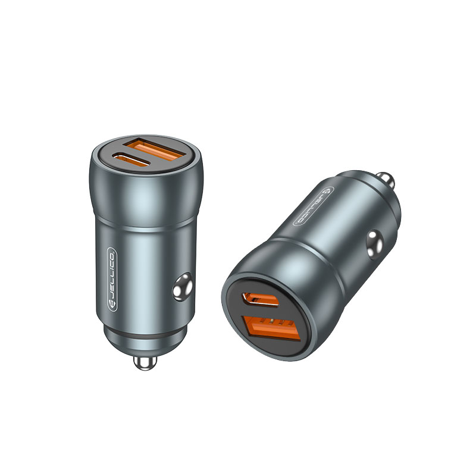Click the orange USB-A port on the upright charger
[158, 151]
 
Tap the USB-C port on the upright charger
[131, 159]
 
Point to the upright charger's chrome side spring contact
[183, 287]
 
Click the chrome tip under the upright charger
[145, 362]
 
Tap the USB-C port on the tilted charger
[260, 300]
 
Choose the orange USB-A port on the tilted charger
[271, 329]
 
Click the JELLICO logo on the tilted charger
[314, 206]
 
